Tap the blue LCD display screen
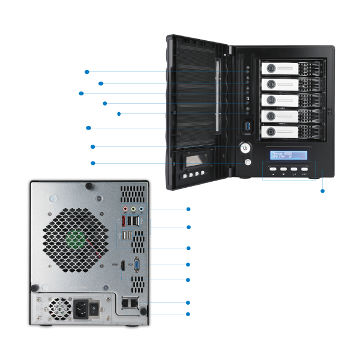[x=288, y=156]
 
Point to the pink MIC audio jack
[x=124, y=209]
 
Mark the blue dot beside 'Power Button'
[x=91, y=146]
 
